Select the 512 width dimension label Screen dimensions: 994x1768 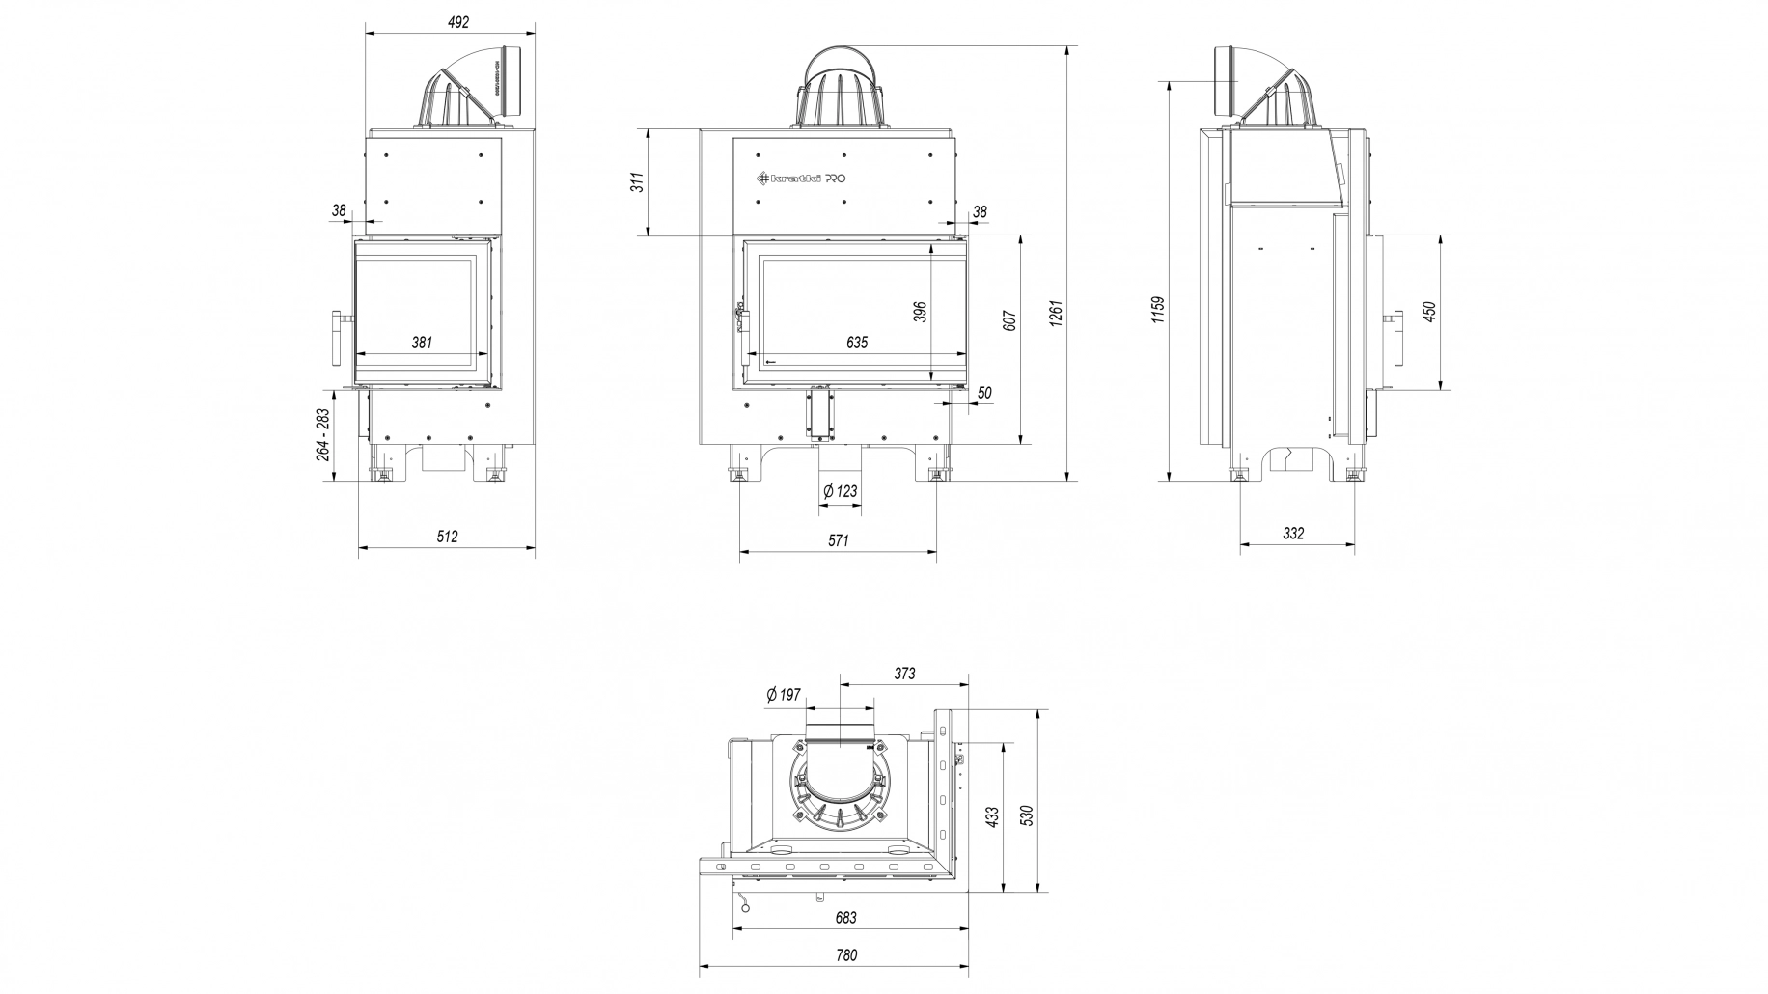click(x=447, y=537)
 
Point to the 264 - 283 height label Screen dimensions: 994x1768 click(x=323, y=434)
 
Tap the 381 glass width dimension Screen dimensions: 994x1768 click(x=422, y=342)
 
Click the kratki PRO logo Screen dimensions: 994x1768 click(x=799, y=179)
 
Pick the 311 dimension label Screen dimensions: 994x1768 click(x=638, y=181)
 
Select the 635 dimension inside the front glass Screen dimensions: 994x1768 click(x=857, y=342)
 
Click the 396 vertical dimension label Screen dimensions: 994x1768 click(x=921, y=312)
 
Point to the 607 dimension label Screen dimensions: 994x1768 click(x=1009, y=319)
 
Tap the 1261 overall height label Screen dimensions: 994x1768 click(x=1057, y=312)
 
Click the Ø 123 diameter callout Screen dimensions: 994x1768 click(x=840, y=491)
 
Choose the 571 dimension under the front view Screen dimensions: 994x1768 click(x=838, y=541)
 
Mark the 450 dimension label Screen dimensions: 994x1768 click(x=1430, y=311)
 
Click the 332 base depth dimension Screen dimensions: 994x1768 click(x=1293, y=533)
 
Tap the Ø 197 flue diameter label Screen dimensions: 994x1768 click(x=783, y=694)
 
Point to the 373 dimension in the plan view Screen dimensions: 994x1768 click(x=903, y=674)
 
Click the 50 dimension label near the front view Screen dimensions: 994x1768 click(x=984, y=393)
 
